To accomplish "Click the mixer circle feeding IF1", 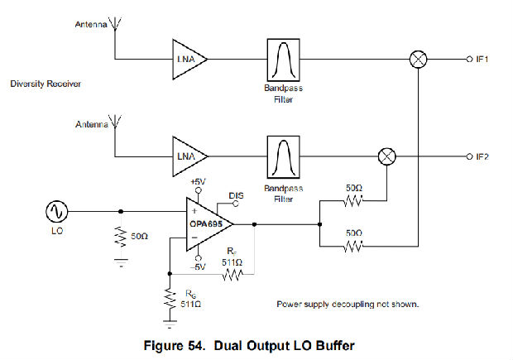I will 420,59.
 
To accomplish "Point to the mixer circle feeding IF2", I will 385,156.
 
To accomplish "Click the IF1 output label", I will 482,59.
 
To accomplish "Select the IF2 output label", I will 482,156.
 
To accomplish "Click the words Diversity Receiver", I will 43,84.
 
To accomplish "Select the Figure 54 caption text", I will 254,343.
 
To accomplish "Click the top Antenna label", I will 91,24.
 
